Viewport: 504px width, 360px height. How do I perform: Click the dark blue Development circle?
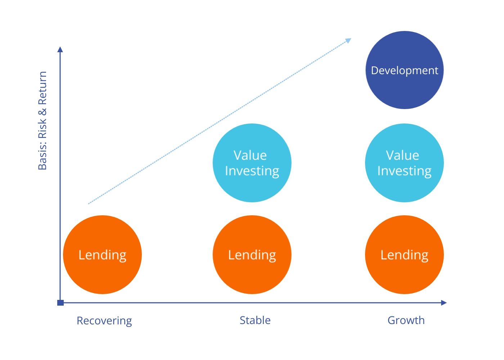[x=405, y=70]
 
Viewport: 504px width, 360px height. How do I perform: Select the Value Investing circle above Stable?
[x=252, y=163]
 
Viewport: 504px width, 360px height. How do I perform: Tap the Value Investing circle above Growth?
[x=404, y=163]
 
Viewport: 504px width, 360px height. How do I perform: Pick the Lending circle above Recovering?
[x=102, y=255]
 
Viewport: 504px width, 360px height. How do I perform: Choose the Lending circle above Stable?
[x=252, y=255]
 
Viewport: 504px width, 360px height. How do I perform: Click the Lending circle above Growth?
[x=404, y=255]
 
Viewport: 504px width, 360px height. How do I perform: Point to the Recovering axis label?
[x=104, y=321]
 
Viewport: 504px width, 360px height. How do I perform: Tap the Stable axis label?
[x=255, y=320]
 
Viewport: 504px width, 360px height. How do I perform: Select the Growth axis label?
[x=406, y=320]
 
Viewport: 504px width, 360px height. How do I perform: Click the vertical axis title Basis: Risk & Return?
[x=42, y=121]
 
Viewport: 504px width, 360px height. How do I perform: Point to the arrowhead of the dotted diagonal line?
[x=348, y=40]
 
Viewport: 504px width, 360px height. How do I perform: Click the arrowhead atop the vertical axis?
[x=60, y=49]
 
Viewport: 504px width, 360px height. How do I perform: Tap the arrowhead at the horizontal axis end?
[x=444, y=303]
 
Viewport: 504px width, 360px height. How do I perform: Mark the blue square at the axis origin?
[x=60, y=303]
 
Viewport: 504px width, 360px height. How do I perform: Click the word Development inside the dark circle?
[x=405, y=71]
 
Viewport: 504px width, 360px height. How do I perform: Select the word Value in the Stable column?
[x=250, y=155]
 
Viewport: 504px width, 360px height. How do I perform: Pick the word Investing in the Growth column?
[x=404, y=171]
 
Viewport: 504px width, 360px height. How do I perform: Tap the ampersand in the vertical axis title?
[x=42, y=111]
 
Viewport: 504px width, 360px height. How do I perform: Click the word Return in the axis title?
[x=42, y=88]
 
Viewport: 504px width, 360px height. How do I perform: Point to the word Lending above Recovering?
[x=102, y=255]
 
